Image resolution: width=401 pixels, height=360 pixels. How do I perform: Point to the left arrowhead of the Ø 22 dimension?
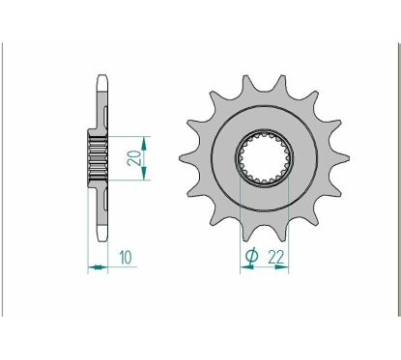tap(243, 269)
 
